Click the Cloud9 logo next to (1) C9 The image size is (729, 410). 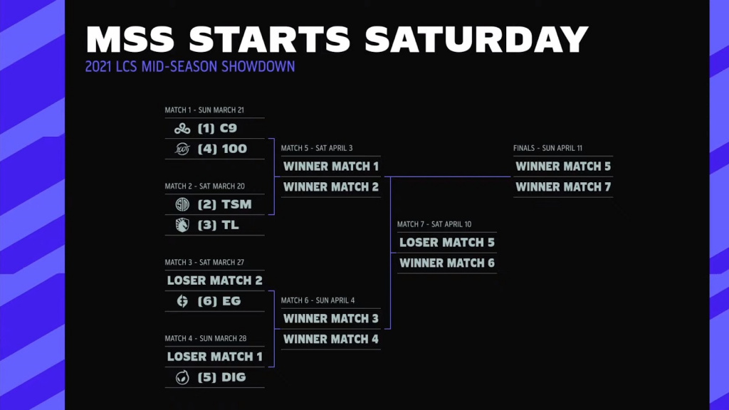(182, 129)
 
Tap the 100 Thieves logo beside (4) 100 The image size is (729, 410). (182, 149)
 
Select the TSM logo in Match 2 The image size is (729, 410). (182, 205)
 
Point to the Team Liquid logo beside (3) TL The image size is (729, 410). (182, 225)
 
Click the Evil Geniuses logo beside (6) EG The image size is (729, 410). (182, 301)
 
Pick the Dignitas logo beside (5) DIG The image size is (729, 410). (182, 377)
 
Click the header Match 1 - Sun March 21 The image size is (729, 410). (204, 110)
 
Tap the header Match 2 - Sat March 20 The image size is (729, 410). (204, 186)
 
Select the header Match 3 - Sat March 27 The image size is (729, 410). (204, 262)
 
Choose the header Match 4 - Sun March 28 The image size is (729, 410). (204, 338)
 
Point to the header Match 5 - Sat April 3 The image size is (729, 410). (317, 148)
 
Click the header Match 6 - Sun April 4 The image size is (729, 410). (317, 300)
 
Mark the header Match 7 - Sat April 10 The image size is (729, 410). (434, 224)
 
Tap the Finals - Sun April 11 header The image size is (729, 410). (548, 148)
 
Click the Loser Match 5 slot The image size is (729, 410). (447, 243)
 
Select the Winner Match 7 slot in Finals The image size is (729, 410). (563, 187)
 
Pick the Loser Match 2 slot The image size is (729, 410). (214, 280)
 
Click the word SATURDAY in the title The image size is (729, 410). (477, 40)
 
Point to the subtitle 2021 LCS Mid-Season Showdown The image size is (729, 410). (189, 67)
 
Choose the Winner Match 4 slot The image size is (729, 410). (331, 340)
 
